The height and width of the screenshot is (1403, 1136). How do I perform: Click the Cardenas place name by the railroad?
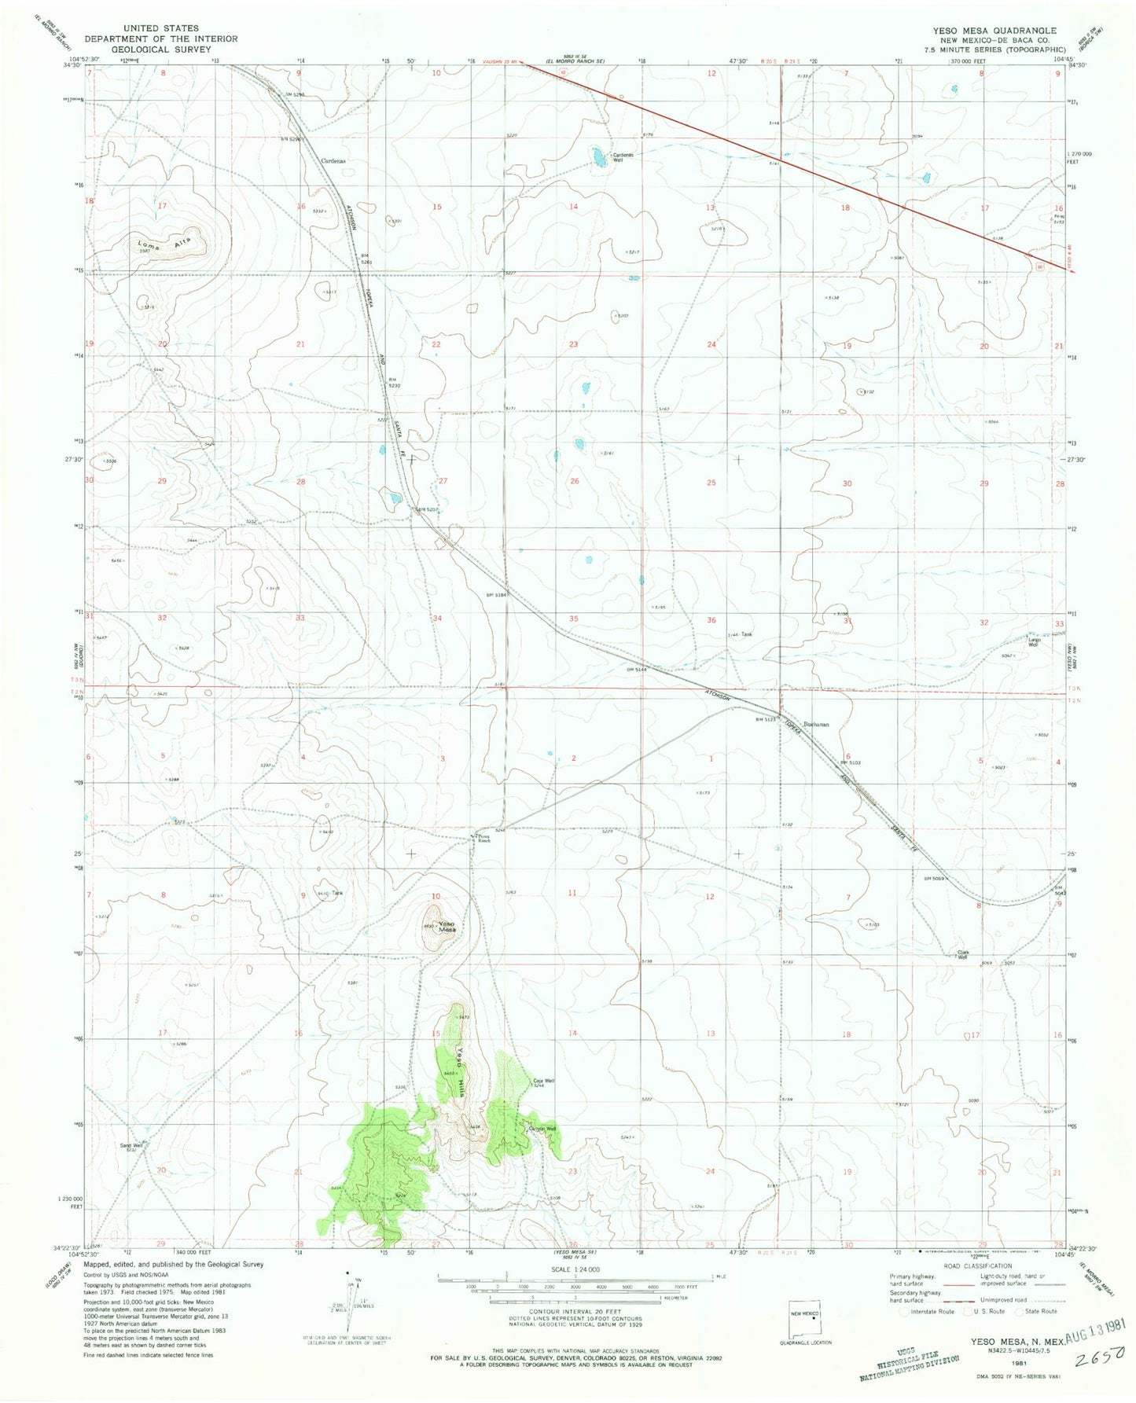tap(334, 160)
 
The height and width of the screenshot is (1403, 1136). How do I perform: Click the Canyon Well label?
tap(542, 1129)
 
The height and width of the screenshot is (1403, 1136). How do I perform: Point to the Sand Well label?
tap(131, 1146)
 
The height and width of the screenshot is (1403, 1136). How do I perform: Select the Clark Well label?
tap(961, 955)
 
